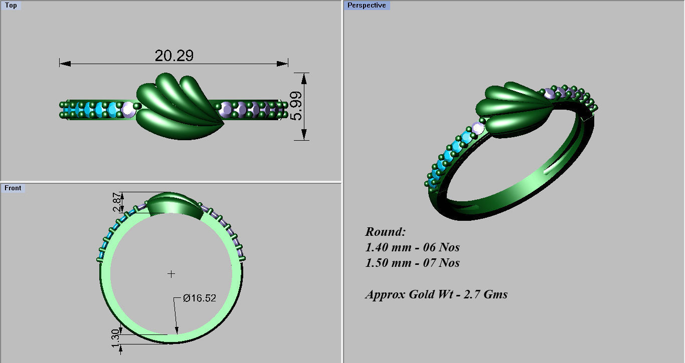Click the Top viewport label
11,6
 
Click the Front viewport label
13,188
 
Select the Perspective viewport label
367,5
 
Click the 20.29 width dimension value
174,56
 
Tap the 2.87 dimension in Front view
116,202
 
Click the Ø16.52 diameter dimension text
199,298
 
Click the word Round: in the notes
385,232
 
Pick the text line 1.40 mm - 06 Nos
412,247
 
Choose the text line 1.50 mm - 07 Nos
412,263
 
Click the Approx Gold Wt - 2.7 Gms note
436,294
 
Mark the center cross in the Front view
172,274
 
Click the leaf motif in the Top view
178,106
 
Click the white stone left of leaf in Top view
128,109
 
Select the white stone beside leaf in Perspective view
478,129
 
